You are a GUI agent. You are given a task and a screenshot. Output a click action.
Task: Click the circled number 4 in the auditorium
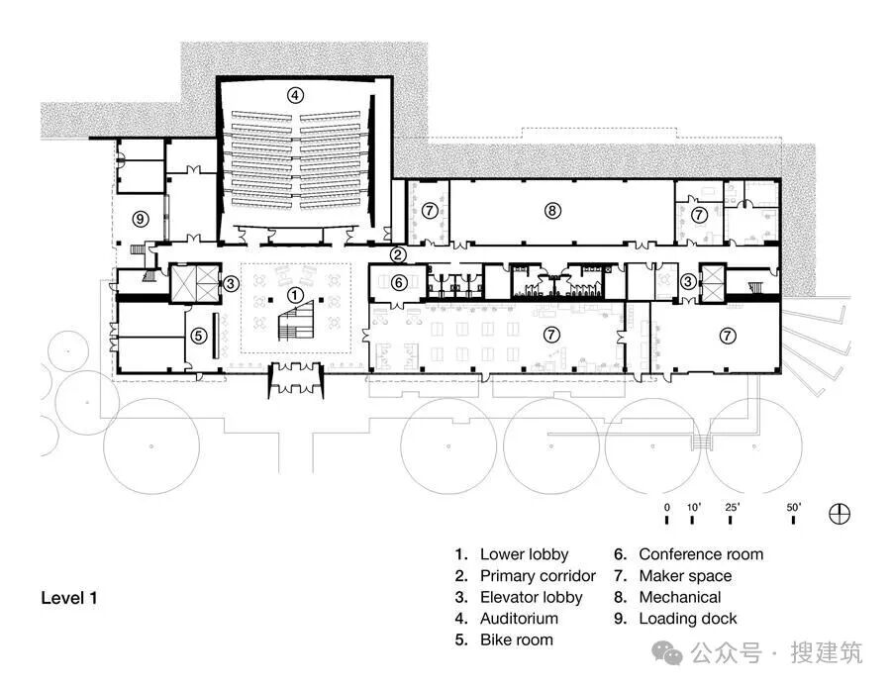coord(294,95)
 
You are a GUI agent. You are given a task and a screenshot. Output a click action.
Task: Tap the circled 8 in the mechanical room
coord(552,211)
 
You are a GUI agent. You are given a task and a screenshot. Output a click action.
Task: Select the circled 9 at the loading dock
coord(141,218)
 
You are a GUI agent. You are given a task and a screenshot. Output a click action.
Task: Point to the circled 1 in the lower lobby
coord(294,295)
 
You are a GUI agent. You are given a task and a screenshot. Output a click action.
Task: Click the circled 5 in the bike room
coord(198,336)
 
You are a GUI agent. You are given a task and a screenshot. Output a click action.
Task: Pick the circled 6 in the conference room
coord(399,282)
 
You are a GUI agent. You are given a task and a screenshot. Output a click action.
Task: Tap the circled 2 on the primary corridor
coord(398,254)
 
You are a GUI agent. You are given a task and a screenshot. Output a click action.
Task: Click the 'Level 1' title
coord(68,598)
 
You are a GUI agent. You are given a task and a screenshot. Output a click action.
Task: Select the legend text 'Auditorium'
coord(519,618)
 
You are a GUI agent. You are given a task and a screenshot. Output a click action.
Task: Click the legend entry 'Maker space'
coord(685,576)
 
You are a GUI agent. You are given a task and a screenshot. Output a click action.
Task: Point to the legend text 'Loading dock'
coord(688,619)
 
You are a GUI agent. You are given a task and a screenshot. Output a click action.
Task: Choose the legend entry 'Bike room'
coord(517,639)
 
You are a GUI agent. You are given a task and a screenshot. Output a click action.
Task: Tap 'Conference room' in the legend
coord(701,554)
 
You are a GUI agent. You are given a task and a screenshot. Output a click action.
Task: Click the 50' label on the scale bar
coord(793,507)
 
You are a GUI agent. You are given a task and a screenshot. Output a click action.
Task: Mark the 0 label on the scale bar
coord(667,507)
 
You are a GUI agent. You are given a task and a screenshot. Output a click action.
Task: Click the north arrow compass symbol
coord(840,514)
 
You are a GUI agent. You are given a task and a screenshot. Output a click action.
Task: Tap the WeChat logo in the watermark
coord(667,652)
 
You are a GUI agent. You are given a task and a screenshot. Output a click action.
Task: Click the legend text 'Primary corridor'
coord(538,576)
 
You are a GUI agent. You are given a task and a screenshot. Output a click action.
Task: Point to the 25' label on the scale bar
coord(732,507)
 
